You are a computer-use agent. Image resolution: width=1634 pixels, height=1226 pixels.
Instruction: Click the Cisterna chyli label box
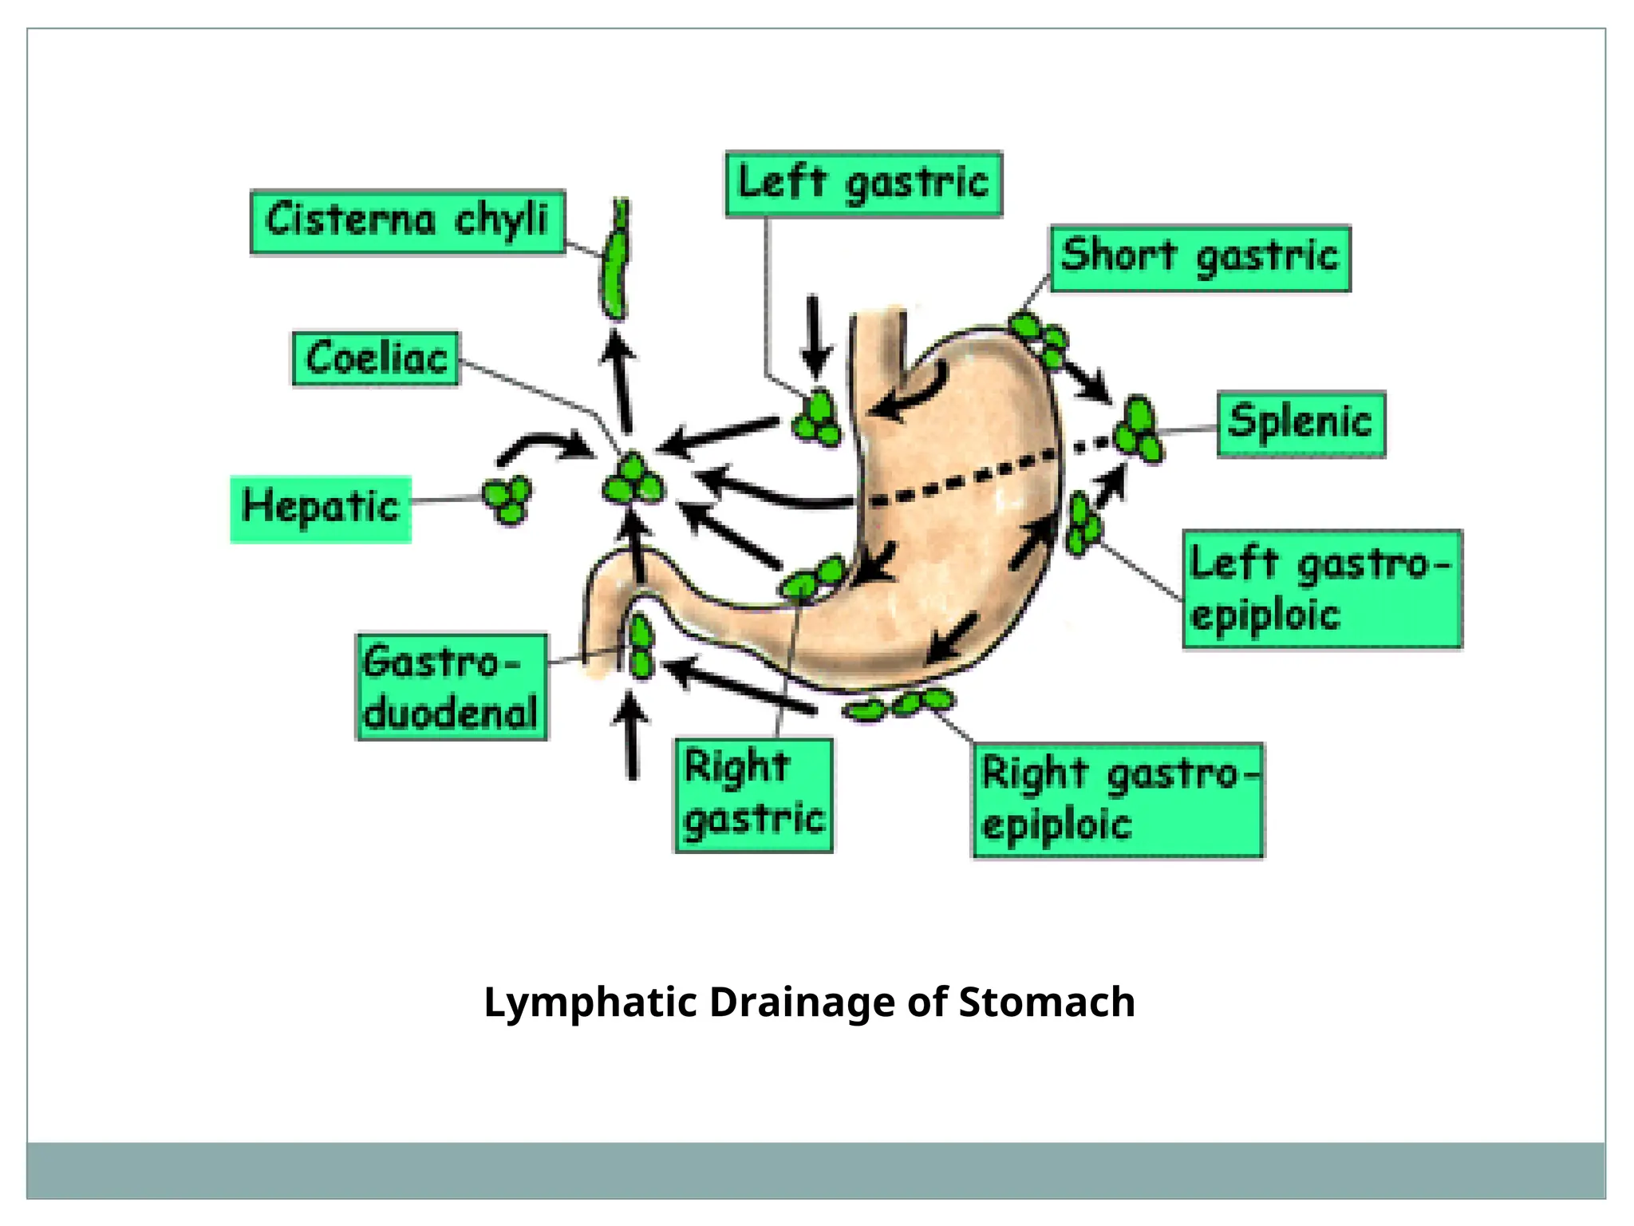[x=408, y=222]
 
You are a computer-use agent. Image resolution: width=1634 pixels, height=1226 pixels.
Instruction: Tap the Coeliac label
[x=376, y=358]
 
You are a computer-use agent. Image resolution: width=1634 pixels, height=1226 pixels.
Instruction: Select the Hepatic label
[x=321, y=509]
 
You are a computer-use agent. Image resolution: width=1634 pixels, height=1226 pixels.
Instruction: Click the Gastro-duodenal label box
[x=452, y=687]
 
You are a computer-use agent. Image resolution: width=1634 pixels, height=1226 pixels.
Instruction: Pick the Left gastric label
[x=863, y=184]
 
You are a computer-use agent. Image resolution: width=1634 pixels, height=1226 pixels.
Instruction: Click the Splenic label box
[x=1300, y=424]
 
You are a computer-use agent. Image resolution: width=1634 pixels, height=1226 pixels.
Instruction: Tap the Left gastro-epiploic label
[x=1321, y=589]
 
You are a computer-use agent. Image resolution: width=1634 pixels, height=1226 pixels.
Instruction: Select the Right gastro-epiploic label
[x=1117, y=801]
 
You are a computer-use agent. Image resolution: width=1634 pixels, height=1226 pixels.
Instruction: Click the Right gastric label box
[x=753, y=795]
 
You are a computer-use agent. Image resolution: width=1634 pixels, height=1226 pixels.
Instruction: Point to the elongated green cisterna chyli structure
[x=614, y=263]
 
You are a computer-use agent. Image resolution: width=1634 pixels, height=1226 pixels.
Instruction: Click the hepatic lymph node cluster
[x=507, y=499]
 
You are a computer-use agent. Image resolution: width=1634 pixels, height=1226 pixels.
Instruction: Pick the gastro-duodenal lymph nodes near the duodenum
[x=641, y=647]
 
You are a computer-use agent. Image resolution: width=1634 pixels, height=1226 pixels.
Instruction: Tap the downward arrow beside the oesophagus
[x=814, y=335]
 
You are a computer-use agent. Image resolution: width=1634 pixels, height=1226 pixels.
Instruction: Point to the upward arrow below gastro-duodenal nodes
[x=632, y=734]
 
